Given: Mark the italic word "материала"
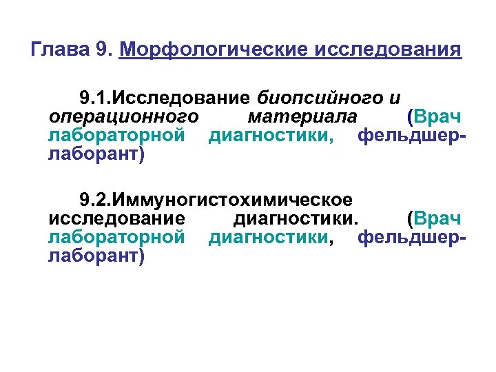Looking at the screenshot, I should tap(303, 115).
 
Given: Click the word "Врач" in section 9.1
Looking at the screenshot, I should tap(435, 115).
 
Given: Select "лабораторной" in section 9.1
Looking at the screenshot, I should tap(116, 134).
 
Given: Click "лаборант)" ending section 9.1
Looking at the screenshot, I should tap(96, 154).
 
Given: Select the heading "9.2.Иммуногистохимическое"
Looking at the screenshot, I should tap(216, 200).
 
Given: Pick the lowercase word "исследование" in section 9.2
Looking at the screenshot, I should tap(116, 219).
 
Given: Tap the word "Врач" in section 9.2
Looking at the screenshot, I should tap(435, 219).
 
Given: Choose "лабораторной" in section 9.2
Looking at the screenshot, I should tap(116, 238).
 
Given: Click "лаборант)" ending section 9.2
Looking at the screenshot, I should tap(96, 258).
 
